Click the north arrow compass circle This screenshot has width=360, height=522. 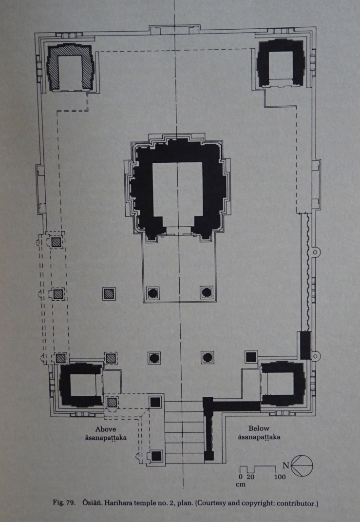302,466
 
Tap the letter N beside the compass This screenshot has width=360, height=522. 286,465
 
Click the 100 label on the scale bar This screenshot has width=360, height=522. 280,477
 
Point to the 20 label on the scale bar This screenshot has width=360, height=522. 250,477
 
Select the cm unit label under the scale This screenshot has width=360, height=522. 241,484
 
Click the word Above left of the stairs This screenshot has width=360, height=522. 106,429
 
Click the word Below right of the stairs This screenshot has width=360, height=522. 259,428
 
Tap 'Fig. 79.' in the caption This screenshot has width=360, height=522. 64,503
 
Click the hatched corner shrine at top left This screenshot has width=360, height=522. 70,67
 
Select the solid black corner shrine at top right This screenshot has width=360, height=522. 281,63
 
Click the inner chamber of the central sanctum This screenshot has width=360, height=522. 177,194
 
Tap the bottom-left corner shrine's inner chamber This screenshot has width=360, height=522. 83,384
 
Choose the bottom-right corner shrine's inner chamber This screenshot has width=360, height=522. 281,384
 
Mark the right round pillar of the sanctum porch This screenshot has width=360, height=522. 207,292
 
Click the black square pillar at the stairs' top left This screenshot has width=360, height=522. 155,402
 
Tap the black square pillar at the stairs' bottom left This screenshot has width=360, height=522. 156,455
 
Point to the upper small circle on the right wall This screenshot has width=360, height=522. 315,251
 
